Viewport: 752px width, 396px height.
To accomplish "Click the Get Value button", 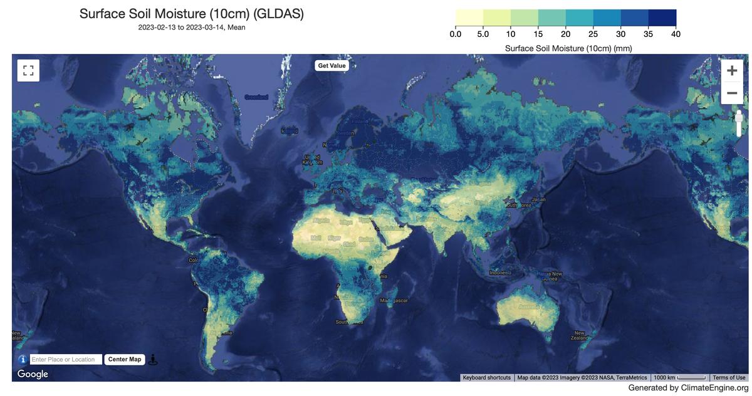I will pos(332,66).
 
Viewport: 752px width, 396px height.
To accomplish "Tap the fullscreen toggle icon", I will pos(28,70).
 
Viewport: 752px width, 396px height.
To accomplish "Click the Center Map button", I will pos(125,359).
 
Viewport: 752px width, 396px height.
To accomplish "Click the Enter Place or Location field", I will pos(65,360).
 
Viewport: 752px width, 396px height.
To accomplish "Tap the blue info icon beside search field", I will pos(23,360).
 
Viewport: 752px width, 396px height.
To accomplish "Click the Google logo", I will pos(33,374).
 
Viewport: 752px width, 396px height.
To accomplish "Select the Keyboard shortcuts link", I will pos(487,378).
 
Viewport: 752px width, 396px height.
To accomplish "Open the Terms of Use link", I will pos(729,378).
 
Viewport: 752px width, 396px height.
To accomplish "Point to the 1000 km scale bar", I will pos(680,378).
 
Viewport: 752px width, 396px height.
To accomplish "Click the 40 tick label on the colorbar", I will pos(676,34).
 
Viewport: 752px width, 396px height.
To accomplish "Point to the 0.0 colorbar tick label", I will pos(456,34).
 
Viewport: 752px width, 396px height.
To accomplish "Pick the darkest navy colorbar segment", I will pos(662,18).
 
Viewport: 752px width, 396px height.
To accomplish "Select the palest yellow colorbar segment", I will pos(469,18).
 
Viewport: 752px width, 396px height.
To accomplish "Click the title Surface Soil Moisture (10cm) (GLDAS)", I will pos(192,14).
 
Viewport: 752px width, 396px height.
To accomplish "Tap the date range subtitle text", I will pos(192,27).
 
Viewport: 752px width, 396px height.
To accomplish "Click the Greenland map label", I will pos(256,97).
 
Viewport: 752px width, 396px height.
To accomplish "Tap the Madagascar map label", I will pos(394,301).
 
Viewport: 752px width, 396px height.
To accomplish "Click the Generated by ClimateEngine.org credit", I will pos(688,388).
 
